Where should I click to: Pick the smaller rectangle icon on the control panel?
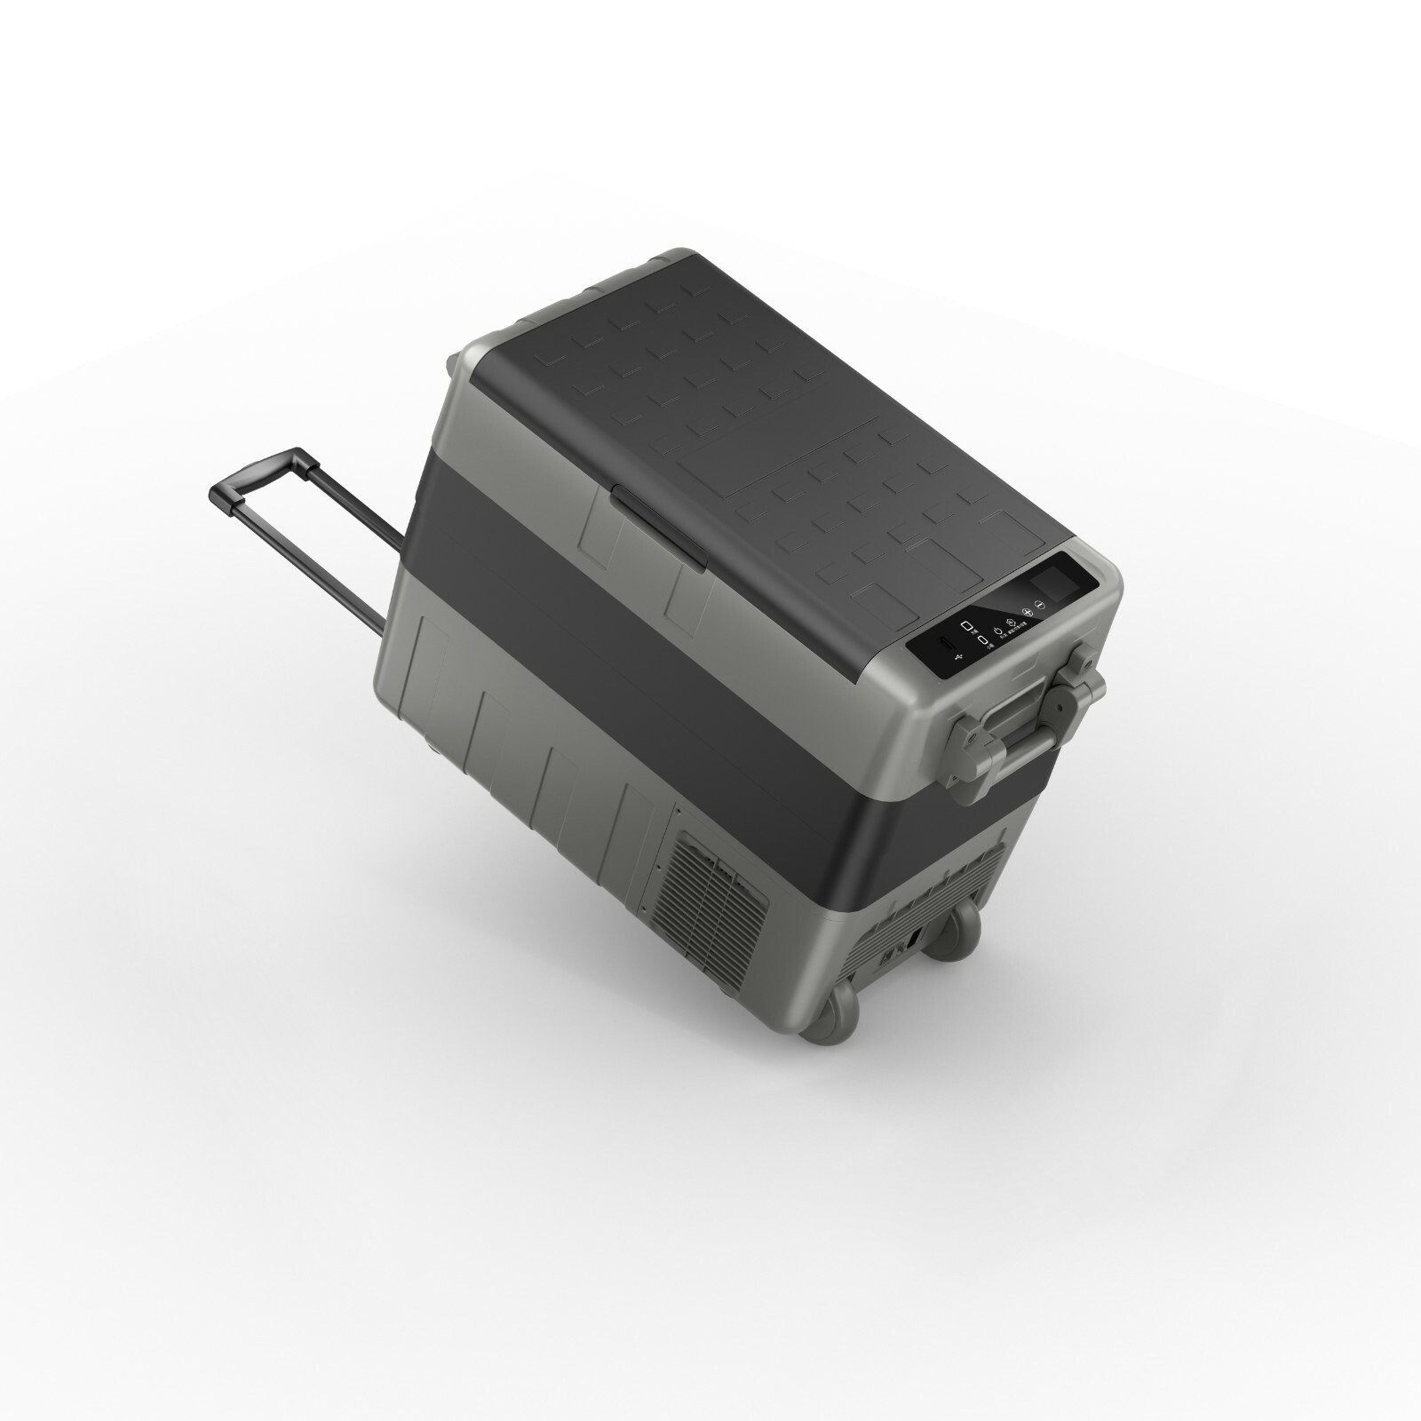982,640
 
